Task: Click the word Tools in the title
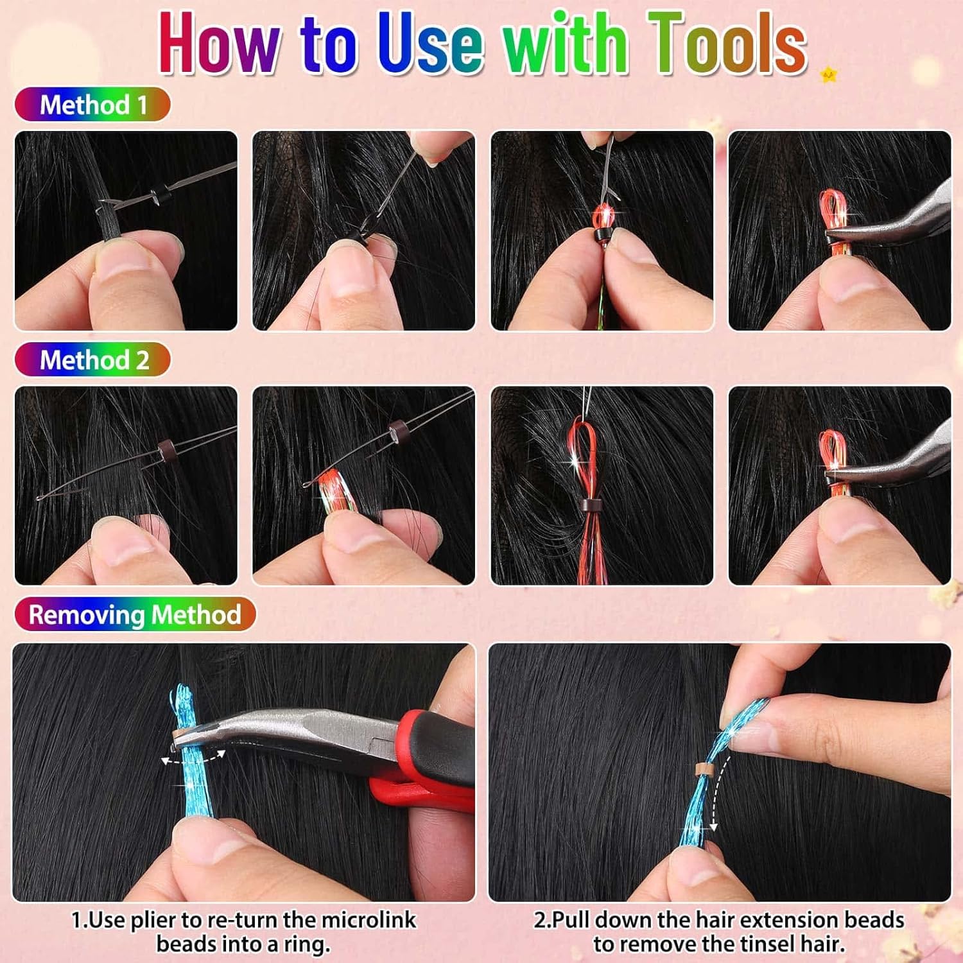tap(727, 44)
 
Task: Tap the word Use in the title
tap(429, 44)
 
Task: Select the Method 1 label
tap(92, 105)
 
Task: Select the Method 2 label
tap(92, 360)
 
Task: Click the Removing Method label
tap(135, 614)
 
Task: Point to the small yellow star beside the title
tap(829, 75)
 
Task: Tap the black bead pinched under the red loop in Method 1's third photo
tap(602, 234)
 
